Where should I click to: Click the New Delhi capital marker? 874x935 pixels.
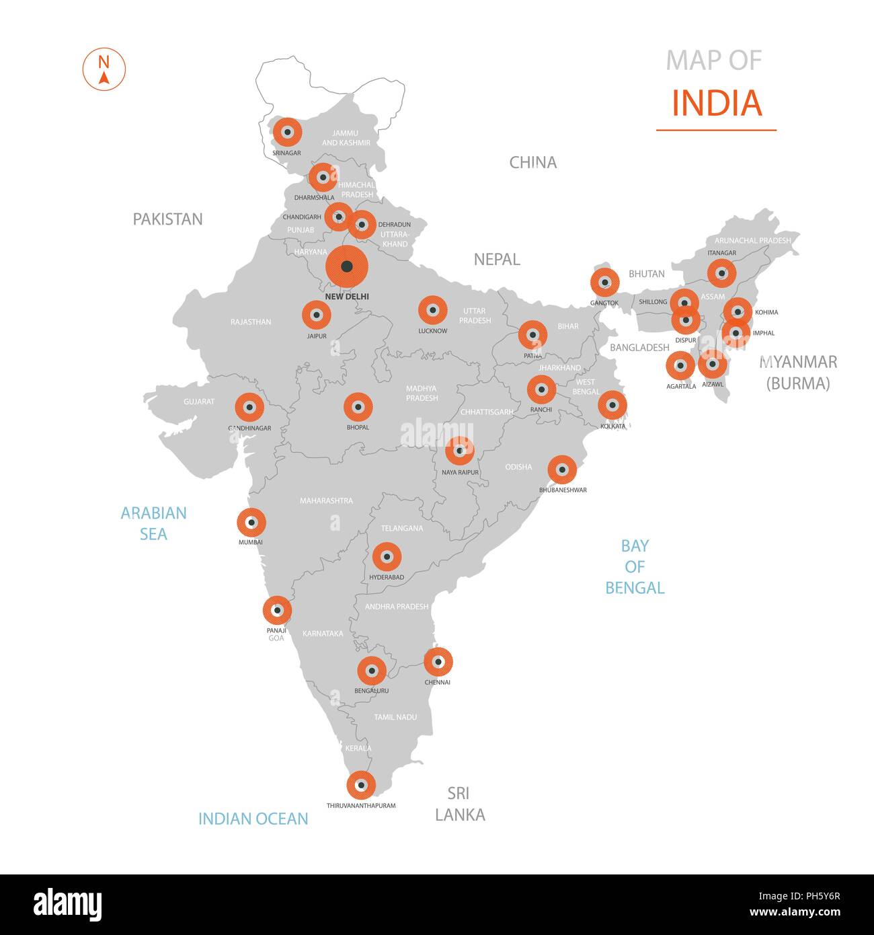tap(347, 267)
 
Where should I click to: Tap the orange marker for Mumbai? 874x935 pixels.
tap(251, 522)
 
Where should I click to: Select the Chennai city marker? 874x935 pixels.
tap(438, 662)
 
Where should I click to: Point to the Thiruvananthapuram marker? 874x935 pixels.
tap(361, 784)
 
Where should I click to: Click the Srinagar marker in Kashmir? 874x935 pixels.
tap(287, 133)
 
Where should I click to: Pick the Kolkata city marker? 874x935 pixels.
tap(612, 405)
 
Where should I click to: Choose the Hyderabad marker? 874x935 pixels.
tap(387, 556)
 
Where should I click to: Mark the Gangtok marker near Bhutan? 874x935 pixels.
tap(604, 283)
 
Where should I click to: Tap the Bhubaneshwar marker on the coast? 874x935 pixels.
tap(562, 470)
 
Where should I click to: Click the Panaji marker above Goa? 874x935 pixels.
tap(277, 610)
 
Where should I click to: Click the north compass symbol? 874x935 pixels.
tap(104, 69)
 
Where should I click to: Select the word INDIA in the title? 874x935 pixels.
tap(717, 103)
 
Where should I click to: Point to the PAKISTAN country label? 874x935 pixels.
tap(167, 219)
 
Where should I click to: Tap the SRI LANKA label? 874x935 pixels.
tap(459, 804)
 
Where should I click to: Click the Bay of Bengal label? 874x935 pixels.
tap(635, 566)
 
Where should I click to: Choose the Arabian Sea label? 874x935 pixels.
tap(153, 523)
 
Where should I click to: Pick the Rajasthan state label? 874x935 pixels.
tap(251, 322)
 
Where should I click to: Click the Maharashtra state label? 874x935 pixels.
tap(326, 500)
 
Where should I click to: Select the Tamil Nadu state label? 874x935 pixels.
tap(395, 717)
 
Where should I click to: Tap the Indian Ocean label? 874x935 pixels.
tap(253, 819)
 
